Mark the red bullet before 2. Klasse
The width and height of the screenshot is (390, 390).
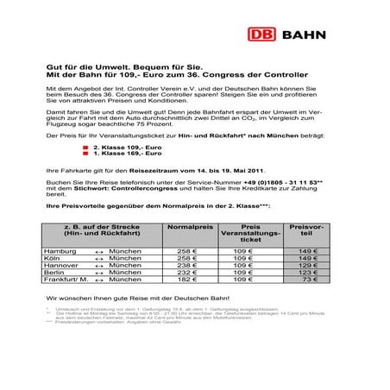85,148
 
